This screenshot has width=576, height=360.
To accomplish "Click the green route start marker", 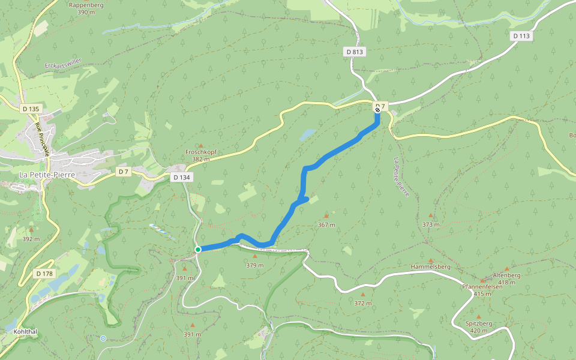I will [x=197, y=249].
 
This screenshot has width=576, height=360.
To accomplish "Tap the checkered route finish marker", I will [x=377, y=109].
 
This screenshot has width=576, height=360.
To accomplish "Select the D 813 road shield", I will [x=355, y=52].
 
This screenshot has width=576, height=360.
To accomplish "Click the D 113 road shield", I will [x=522, y=36].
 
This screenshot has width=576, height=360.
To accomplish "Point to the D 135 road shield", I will [x=31, y=109].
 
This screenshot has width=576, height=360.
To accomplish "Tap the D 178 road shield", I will [x=44, y=274].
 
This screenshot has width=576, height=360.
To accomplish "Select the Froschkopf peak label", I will [x=200, y=152].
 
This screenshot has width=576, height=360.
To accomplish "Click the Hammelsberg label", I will [x=430, y=266].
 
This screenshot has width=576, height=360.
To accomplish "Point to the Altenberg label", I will [x=506, y=275].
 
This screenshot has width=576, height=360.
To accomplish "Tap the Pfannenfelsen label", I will [x=482, y=286].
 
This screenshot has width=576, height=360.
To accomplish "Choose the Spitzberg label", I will [x=478, y=323].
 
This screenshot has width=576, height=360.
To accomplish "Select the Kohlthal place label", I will [x=25, y=331].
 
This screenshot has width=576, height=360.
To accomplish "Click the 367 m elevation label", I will [x=326, y=225].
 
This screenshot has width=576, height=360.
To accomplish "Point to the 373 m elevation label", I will [x=430, y=224].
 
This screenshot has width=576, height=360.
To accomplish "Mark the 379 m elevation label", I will [x=254, y=265].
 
